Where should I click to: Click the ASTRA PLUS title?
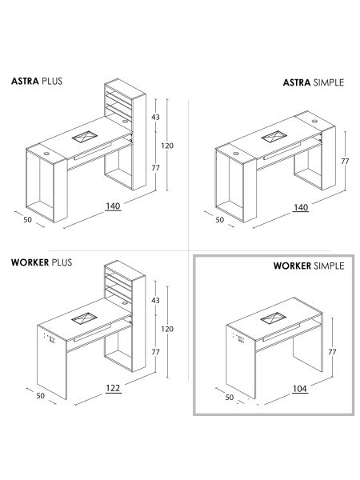coord(37,81)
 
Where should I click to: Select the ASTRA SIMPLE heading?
coord(314,82)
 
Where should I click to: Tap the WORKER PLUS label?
coord(42,262)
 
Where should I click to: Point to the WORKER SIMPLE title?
coord(309,266)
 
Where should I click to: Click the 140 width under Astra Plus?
coord(113,206)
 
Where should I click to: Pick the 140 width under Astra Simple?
coord(301,207)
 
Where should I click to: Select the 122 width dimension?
coord(113,388)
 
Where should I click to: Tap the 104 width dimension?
coord(300,389)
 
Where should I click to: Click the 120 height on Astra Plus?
coord(167,146)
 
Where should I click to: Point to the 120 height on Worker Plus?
coord(167,329)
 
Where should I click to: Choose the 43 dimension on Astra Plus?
coord(155,117)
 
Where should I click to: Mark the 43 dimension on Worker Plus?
coord(155,300)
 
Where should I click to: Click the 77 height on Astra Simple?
coord(345,162)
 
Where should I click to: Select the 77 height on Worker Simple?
coord(332,352)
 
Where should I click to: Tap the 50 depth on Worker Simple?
coord(230,398)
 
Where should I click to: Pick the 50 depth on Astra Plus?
coord(27,219)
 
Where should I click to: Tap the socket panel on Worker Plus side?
coord(50,338)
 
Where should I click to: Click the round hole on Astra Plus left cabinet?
coord(46,154)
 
